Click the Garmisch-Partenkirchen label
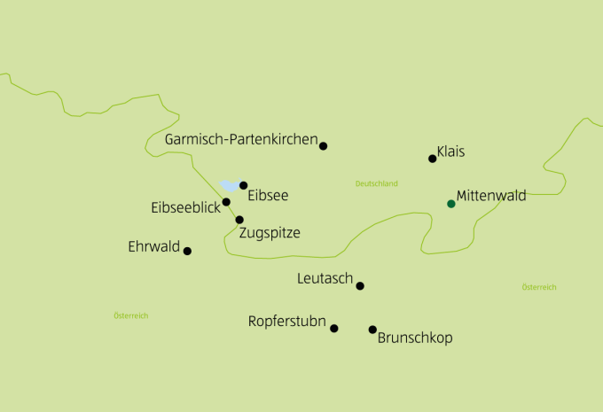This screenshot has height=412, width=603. point(240,140)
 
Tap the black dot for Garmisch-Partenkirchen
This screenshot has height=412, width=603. point(324,145)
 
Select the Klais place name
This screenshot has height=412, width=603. point(450,152)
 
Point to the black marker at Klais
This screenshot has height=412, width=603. point(433,159)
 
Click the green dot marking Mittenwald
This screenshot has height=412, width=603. point(451,204)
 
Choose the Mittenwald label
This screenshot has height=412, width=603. point(491,196)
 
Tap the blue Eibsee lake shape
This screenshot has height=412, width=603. point(231,186)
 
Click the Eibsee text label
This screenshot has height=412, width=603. point(268,195)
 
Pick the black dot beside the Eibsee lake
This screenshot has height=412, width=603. point(243,185)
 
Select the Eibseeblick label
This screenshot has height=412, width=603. point(185,207)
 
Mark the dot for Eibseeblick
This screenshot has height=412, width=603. point(226,202)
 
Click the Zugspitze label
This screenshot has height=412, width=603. point(270,233)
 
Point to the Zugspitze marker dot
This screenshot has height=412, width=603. point(239,219)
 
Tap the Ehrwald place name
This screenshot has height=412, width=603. point(154,246)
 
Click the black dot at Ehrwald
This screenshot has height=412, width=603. point(187,251)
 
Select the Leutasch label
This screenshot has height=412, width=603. point(325,279)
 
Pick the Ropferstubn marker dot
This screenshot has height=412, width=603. point(334,328)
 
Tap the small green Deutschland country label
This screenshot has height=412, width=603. point(376,183)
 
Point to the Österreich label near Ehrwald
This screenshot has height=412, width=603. point(131,315)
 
